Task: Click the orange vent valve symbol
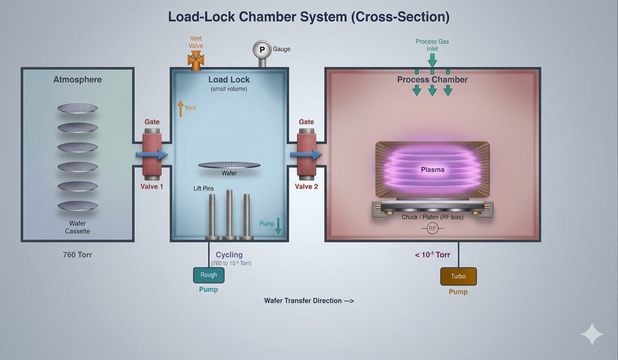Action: (x=196, y=60)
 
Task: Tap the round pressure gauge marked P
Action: (x=262, y=49)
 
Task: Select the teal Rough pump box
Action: (x=209, y=275)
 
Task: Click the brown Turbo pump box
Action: (x=458, y=277)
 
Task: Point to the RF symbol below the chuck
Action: (x=433, y=228)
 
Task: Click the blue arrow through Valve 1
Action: (x=152, y=154)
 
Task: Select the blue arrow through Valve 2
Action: (x=306, y=154)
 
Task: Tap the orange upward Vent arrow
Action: (x=181, y=108)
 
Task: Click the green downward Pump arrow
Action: (x=278, y=225)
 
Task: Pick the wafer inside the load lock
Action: (x=229, y=165)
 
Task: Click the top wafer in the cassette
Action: (x=78, y=108)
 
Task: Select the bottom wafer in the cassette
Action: (x=78, y=206)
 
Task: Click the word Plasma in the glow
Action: (x=433, y=170)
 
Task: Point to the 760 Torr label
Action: (x=77, y=255)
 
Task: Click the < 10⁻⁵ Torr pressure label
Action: (x=432, y=255)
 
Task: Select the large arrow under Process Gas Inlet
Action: (x=432, y=60)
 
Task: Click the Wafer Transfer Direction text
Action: (x=309, y=301)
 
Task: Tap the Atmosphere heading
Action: (x=77, y=80)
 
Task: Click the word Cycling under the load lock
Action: (x=229, y=255)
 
